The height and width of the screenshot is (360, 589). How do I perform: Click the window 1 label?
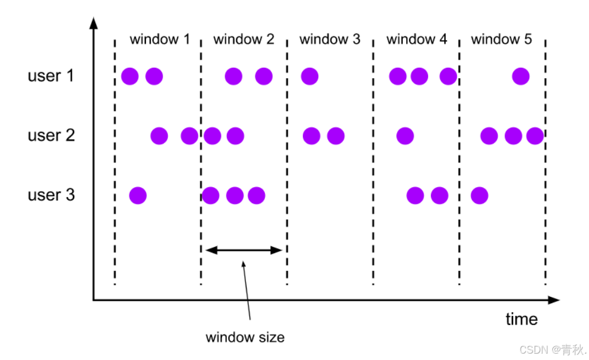pos(159,40)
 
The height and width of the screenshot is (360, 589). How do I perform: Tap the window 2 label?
pos(244,40)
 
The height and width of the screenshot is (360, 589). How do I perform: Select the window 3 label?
pos(330,40)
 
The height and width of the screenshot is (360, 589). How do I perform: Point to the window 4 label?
pos(417,40)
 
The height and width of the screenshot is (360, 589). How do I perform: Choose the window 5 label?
pos(501,40)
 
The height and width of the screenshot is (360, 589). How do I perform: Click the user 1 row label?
pos(51,76)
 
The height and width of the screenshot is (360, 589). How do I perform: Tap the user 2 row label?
pos(51,136)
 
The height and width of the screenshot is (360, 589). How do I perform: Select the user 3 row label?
pos(51,195)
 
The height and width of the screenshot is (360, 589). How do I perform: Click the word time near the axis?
pos(521,319)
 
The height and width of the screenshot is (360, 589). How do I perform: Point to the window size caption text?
pos(245,337)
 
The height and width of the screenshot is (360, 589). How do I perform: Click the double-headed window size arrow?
pos(244,250)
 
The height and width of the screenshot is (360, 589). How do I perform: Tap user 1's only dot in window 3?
pos(310,76)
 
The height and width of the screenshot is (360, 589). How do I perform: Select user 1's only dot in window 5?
pos(521,76)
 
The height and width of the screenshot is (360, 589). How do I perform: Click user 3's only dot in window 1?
pos(138,196)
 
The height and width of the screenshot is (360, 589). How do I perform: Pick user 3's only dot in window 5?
pos(479,196)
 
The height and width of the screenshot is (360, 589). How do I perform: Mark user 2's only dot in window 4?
pos(405,136)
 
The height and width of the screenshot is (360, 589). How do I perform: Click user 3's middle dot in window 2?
pos(234,196)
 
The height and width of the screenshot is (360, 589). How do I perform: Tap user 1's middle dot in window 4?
pos(419,76)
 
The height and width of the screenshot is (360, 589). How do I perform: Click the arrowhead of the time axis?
pos(554,300)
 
